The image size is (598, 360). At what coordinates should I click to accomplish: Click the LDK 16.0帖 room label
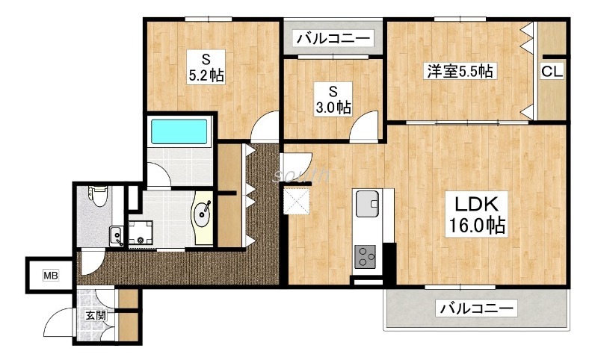point(477,214)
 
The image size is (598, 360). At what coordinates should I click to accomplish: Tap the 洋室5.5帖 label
point(460,71)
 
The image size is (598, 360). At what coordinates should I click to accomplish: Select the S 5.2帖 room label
point(206,67)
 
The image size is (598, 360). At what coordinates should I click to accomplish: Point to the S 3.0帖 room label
point(333,99)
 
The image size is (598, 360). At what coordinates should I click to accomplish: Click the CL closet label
point(552,71)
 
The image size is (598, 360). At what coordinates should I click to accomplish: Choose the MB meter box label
point(51,275)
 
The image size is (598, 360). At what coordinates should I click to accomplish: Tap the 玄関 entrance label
point(96,315)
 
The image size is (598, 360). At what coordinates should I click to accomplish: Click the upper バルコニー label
point(333,38)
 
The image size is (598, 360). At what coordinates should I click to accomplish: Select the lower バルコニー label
point(476,308)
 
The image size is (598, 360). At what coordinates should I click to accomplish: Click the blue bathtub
point(179,131)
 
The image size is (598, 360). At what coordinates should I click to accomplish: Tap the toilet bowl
point(99,196)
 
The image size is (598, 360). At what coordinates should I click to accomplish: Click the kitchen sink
point(367,203)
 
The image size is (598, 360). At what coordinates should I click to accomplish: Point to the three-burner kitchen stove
point(365,256)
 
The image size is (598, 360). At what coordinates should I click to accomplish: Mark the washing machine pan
point(141,232)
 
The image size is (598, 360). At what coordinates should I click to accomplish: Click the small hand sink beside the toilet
point(116,236)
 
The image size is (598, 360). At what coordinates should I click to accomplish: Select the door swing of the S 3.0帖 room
point(364,125)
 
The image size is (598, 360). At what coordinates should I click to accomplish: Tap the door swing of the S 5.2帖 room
point(265,125)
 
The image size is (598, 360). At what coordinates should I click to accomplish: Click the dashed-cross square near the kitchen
point(296,201)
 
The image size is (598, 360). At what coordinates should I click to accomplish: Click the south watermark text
point(301,175)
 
